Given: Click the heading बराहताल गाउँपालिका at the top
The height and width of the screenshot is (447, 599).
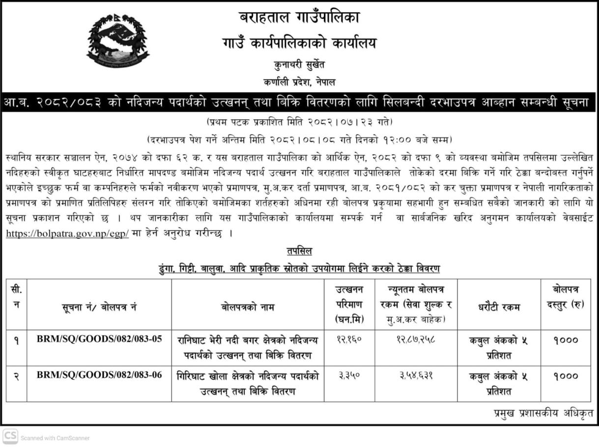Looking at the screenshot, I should tap(299, 18).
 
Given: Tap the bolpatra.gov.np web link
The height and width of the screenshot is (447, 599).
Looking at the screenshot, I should tap(67, 234).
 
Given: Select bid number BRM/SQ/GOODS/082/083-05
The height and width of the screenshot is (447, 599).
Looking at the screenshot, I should tap(99, 339).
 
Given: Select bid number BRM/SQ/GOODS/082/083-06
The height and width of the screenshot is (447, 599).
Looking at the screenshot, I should tap(99, 375).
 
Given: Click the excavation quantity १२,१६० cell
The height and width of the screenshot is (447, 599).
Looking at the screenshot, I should tap(349, 340).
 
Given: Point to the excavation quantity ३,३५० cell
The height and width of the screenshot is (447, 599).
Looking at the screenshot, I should tap(349, 376).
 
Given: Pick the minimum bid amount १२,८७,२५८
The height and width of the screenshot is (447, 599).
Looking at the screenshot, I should tap(416, 340).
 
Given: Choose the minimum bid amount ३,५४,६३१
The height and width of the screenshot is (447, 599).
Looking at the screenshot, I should tap(416, 376).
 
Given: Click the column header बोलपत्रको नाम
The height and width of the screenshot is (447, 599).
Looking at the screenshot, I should tap(248, 307).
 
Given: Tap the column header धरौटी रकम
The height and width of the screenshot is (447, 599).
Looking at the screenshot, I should tap(498, 307).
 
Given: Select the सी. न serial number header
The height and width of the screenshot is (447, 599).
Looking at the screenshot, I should tap(16, 297).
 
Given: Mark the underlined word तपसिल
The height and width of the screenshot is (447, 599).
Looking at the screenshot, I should tap(299, 251).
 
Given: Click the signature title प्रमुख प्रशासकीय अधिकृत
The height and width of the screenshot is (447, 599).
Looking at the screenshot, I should tap(543, 413).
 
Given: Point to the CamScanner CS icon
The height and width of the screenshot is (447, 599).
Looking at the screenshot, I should tap(10, 436).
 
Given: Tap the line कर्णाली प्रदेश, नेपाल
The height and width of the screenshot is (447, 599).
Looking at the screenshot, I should tap(299, 82).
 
